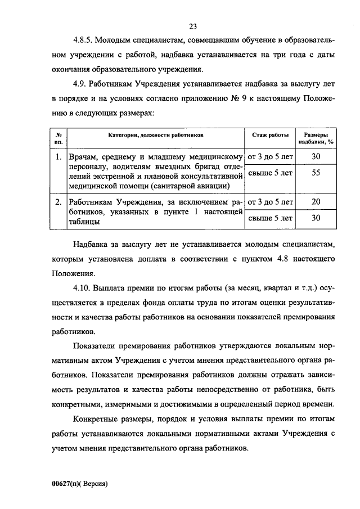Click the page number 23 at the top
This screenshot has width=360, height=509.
193,26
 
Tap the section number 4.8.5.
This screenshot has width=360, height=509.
83,41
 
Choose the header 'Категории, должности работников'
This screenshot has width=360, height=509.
155,135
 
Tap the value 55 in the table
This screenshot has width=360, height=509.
316,173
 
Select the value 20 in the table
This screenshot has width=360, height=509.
316,201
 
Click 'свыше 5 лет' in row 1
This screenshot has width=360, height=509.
270,173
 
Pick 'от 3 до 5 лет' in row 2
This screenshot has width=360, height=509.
270,201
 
